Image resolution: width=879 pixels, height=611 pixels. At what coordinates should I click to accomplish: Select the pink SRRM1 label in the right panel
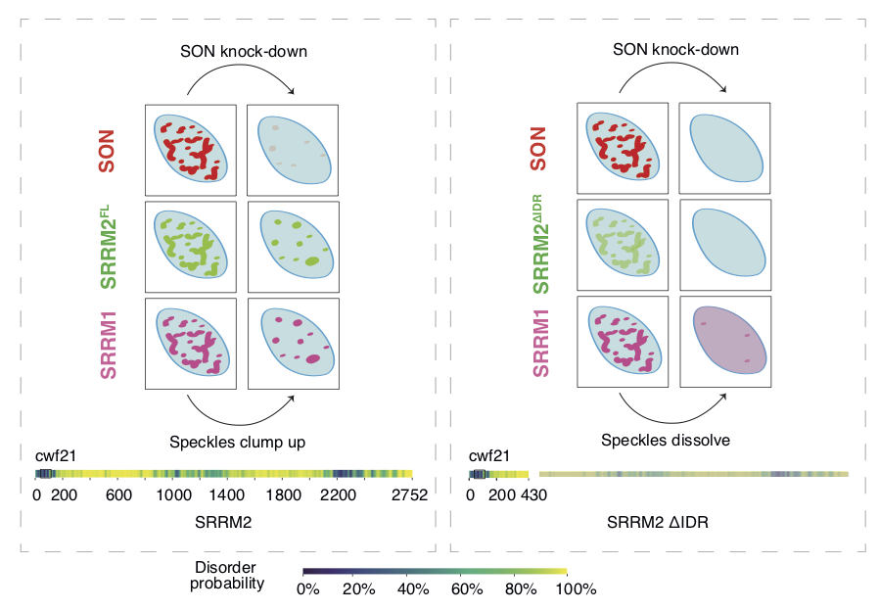click(540, 343)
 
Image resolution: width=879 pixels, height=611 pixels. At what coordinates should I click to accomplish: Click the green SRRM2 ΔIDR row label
click(540, 245)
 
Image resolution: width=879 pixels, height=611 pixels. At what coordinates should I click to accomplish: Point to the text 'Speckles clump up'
click(238, 442)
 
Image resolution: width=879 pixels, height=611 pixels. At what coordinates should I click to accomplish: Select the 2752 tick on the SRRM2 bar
click(409, 495)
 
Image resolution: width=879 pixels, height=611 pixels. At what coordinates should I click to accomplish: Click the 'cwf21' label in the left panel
click(56, 455)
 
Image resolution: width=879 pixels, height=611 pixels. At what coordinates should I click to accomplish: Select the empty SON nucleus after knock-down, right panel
click(724, 150)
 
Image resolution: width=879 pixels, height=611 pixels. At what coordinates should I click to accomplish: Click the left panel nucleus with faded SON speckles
click(292, 150)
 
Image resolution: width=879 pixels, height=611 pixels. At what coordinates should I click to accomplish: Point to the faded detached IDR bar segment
click(693, 474)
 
